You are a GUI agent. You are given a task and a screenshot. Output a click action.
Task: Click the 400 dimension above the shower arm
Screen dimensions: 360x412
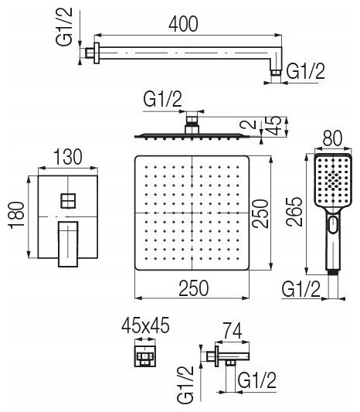183,24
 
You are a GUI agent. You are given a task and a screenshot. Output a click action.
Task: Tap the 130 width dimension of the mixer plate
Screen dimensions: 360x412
68,157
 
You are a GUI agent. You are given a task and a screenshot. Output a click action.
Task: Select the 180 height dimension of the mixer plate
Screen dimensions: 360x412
17,215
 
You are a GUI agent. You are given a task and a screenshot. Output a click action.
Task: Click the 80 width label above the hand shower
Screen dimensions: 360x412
332,138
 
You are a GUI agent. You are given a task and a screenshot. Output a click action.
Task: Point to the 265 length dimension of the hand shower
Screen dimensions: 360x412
294,212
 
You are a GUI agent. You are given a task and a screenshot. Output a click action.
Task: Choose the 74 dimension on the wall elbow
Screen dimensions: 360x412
232,331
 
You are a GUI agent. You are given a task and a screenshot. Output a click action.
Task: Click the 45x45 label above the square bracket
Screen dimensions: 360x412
145,325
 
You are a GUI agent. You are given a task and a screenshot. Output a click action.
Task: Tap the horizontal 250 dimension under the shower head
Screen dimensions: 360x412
194,288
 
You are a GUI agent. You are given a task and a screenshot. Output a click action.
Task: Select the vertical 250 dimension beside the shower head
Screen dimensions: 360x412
260,213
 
